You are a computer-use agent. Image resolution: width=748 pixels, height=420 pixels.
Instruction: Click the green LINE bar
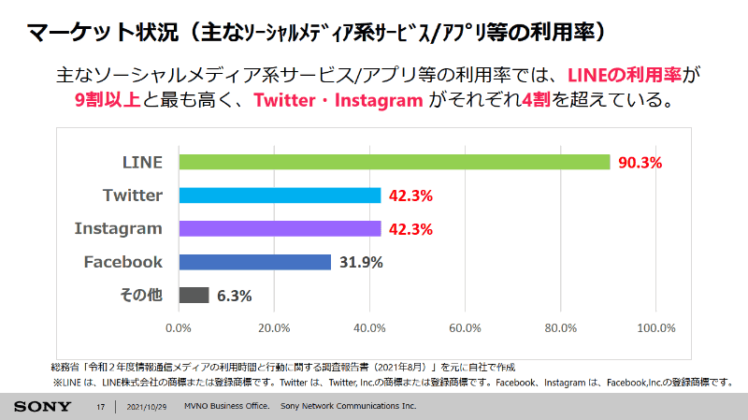click(x=394, y=162)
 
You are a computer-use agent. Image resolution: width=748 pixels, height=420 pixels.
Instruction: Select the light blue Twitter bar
click(x=280, y=196)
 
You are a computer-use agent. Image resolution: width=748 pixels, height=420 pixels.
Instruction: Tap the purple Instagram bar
click(x=280, y=228)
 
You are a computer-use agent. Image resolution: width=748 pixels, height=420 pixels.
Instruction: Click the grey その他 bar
click(x=194, y=295)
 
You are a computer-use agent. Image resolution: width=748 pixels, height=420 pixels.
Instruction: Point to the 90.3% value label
click(x=640, y=162)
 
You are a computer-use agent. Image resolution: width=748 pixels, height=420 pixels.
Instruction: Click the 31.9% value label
click(x=361, y=262)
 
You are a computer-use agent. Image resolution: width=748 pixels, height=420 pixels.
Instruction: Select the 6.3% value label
click(x=234, y=296)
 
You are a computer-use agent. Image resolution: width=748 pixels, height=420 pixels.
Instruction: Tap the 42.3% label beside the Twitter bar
click(x=411, y=196)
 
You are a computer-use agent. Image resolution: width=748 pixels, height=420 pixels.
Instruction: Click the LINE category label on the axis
click(x=143, y=162)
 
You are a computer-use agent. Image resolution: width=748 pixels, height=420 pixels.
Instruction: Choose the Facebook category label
click(x=123, y=262)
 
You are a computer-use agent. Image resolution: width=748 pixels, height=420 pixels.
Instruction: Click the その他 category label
click(x=141, y=295)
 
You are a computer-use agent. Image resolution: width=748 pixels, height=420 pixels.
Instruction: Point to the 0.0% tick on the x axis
click(x=179, y=328)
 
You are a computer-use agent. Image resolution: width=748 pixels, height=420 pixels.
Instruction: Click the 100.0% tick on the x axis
click(x=655, y=328)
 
